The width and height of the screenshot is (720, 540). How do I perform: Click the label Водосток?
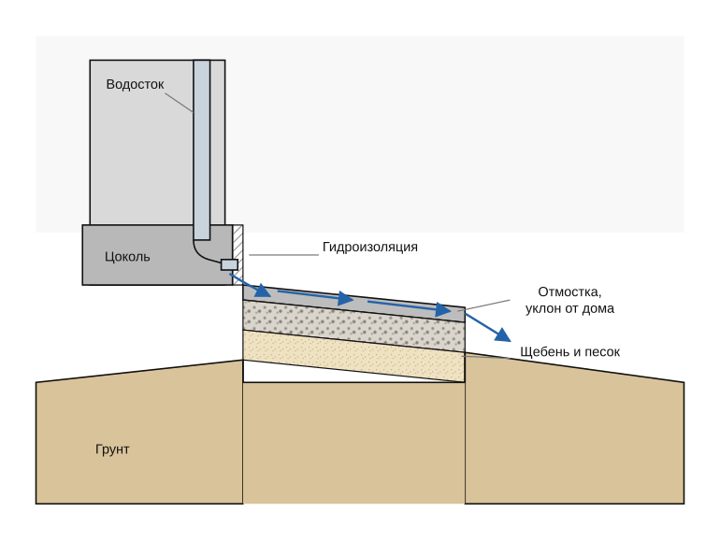click(x=135, y=84)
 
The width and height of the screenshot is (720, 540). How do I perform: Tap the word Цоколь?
click(x=127, y=257)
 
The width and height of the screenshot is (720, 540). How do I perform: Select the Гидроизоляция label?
click(x=370, y=247)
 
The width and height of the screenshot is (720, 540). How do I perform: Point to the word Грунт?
click(x=112, y=448)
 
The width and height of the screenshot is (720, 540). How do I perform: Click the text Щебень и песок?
click(x=569, y=352)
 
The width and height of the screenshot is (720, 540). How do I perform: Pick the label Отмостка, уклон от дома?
click(x=569, y=300)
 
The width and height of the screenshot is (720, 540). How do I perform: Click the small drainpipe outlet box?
click(x=230, y=264)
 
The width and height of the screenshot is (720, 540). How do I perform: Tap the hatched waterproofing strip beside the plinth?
click(x=238, y=255)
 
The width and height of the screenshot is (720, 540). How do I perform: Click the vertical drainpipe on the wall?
click(x=202, y=150)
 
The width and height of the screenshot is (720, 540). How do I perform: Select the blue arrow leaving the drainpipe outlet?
click(x=251, y=285)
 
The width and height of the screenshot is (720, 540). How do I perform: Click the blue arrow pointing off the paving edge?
click(x=488, y=328)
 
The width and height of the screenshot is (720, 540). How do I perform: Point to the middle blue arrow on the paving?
click(x=315, y=296)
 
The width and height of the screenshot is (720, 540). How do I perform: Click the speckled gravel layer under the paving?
click(x=353, y=326)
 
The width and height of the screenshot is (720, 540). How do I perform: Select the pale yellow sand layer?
click(x=353, y=356)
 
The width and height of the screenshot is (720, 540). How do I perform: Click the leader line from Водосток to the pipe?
click(x=179, y=103)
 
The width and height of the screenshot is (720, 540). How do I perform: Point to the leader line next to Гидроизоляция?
click(x=283, y=255)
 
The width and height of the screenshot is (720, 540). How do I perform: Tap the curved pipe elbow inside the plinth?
click(x=205, y=253)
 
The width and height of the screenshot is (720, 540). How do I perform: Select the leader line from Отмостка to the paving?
click(x=483, y=306)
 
